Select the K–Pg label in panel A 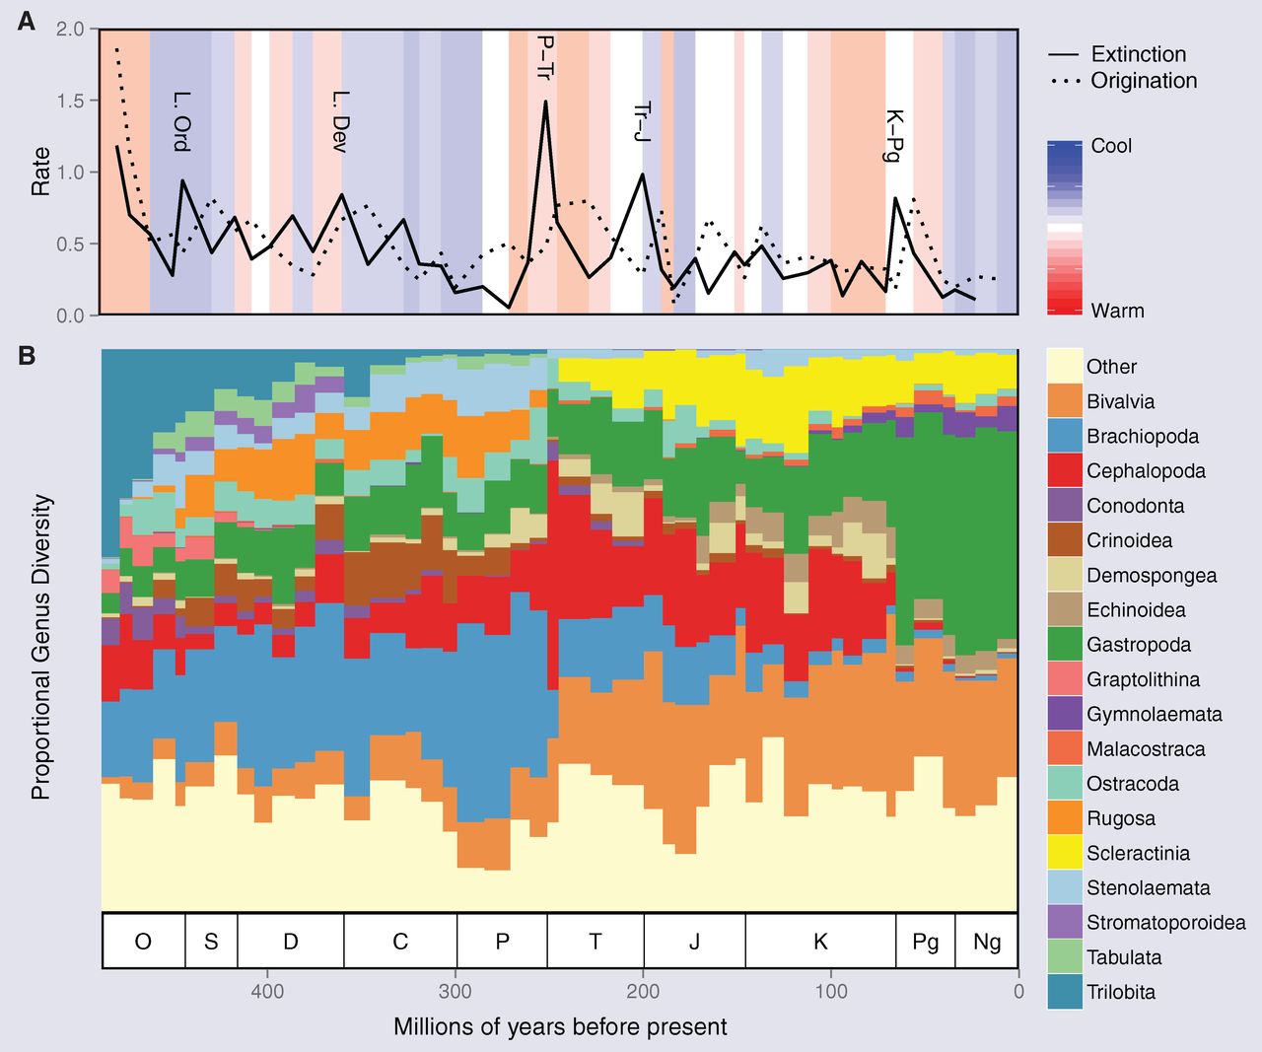[894, 135]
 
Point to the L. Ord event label [180, 121]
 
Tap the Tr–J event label [642, 121]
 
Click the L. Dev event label [340, 121]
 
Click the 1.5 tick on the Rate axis [70, 101]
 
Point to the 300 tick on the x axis [456, 991]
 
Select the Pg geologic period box [925, 942]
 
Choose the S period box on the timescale [211, 942]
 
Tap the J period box [694, 942]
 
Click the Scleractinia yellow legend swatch [1064, 853]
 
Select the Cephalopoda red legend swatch [1064, 470]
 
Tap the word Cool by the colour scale [1111, 146]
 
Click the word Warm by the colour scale [1117, 311]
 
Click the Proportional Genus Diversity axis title [40, 647]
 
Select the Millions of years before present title [560, 1026]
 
